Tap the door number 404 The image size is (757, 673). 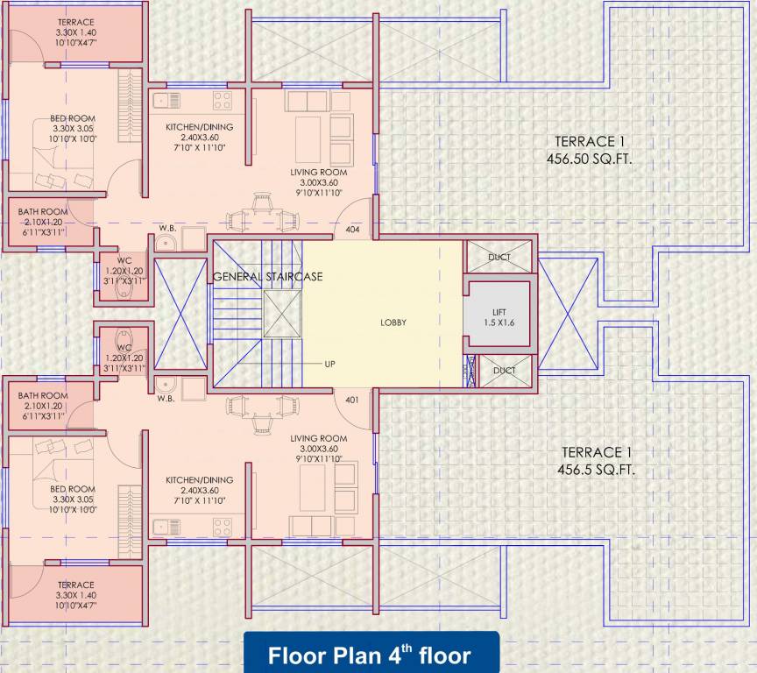point(353,229)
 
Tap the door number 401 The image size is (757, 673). point(352,400)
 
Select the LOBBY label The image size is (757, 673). point(393,322)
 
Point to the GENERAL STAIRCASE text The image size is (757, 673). point(268,277)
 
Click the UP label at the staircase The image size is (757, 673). point(329,363)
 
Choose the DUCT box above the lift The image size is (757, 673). point(499,257)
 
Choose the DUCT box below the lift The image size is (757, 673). point(504,371)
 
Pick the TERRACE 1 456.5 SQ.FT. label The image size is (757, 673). point(597,461)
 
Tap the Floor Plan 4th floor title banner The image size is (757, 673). point(369,655)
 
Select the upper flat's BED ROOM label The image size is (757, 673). point(72,128)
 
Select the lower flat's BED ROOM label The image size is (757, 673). point(72,499)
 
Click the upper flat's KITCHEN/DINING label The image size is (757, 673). point(200,137)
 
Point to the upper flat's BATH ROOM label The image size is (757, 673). point(43,221)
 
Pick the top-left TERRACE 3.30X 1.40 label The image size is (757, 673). point(75,31)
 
